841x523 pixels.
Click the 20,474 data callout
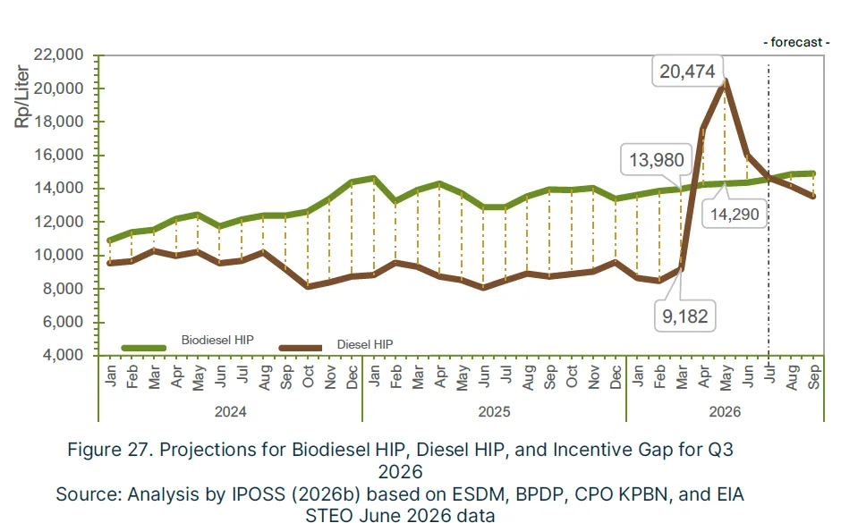(687, 72)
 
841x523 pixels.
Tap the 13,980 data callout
(656, 160)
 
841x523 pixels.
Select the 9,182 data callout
(685, 316)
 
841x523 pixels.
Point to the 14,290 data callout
(735, 215)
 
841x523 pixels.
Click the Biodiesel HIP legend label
(217, 341)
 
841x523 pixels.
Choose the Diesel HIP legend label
(365, 344)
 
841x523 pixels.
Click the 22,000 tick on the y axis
(58, 55)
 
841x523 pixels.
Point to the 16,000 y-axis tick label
(58, 155)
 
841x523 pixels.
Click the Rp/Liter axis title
(21, 97)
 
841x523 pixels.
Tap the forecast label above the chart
(796, 42)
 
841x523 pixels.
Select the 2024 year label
(230, 411)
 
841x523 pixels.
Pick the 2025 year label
(494, 411)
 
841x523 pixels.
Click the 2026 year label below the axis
(725, 411)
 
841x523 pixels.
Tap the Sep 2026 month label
(813, 376)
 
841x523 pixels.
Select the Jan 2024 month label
(110, 375)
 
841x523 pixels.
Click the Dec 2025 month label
(616, 376)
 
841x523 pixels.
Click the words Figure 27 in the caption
(109, 449)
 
